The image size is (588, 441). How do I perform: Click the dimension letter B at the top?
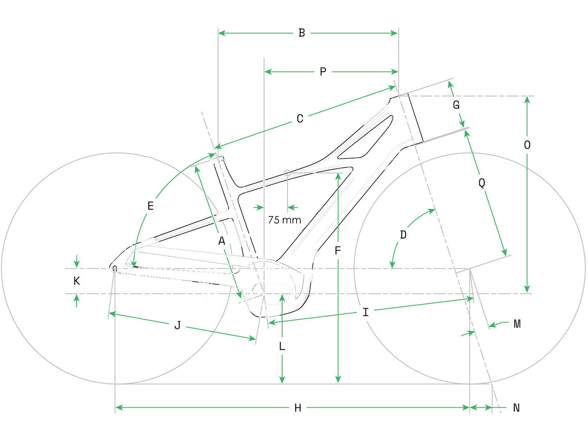pos(302,33)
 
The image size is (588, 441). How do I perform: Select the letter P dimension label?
pos(323,72)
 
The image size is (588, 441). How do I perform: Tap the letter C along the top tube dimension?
pos(300,119)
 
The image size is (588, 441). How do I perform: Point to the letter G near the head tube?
pos(456,105)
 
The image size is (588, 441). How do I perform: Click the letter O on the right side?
pos(527,145)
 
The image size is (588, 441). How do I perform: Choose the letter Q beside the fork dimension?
pos(482,183)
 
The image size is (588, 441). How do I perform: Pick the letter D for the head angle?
pos(403,235)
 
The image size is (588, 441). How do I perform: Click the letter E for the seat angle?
pos(150,206)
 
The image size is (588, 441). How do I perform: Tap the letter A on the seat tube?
pos(221,241)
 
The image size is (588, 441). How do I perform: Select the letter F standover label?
pos(338,251)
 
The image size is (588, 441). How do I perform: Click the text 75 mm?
pos(284,220)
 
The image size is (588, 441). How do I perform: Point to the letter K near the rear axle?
pos(76,281)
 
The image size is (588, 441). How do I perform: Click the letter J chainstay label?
pos(178,325)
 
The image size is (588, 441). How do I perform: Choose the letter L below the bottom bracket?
pos(282,346)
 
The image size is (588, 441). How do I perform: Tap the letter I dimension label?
pos(365,312)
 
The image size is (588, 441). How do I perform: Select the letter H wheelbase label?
pos(298,408)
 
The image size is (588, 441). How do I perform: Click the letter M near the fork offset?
pos(517,324)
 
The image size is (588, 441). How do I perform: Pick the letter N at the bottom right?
pos(516,408)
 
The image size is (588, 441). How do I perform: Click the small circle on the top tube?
pos(288,172)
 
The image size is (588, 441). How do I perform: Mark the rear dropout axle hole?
pos(115,268)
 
